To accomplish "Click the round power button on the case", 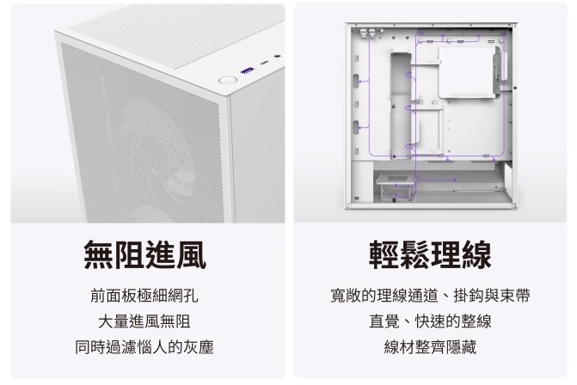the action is point(226,80).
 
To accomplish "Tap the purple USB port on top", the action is point(247,70).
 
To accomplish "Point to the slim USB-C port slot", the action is point(264,63).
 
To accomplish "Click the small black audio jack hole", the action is point(277,56).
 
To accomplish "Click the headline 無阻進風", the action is point(144,254).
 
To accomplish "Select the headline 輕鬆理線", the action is point(430,254).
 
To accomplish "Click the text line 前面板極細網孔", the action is point(144,296).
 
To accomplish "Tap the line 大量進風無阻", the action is point(144,321).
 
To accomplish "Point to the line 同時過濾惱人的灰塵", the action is point(144,346).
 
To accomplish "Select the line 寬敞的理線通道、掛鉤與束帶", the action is point(430,296).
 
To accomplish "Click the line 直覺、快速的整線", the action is point(430,321).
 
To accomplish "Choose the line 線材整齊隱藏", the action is point(430,346).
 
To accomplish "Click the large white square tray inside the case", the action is point(467,72).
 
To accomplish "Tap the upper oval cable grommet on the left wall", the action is point(356,82).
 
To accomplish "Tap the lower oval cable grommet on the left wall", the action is point(356,127).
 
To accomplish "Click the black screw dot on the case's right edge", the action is point(515,88).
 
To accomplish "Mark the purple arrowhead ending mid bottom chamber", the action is point(455,180).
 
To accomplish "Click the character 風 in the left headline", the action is point(191,254).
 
